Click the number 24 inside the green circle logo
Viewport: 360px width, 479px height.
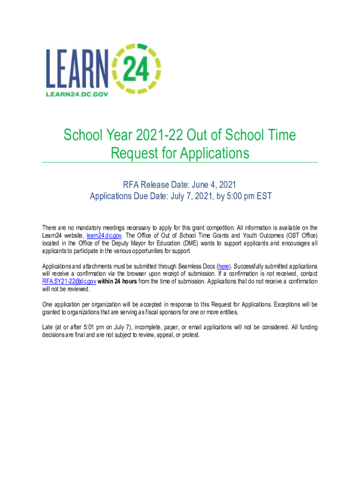136,68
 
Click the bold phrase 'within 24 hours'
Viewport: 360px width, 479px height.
116,282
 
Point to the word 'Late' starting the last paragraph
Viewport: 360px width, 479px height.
48,327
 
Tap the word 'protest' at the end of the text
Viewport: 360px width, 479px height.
190,334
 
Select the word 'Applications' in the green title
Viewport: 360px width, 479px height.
215,153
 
